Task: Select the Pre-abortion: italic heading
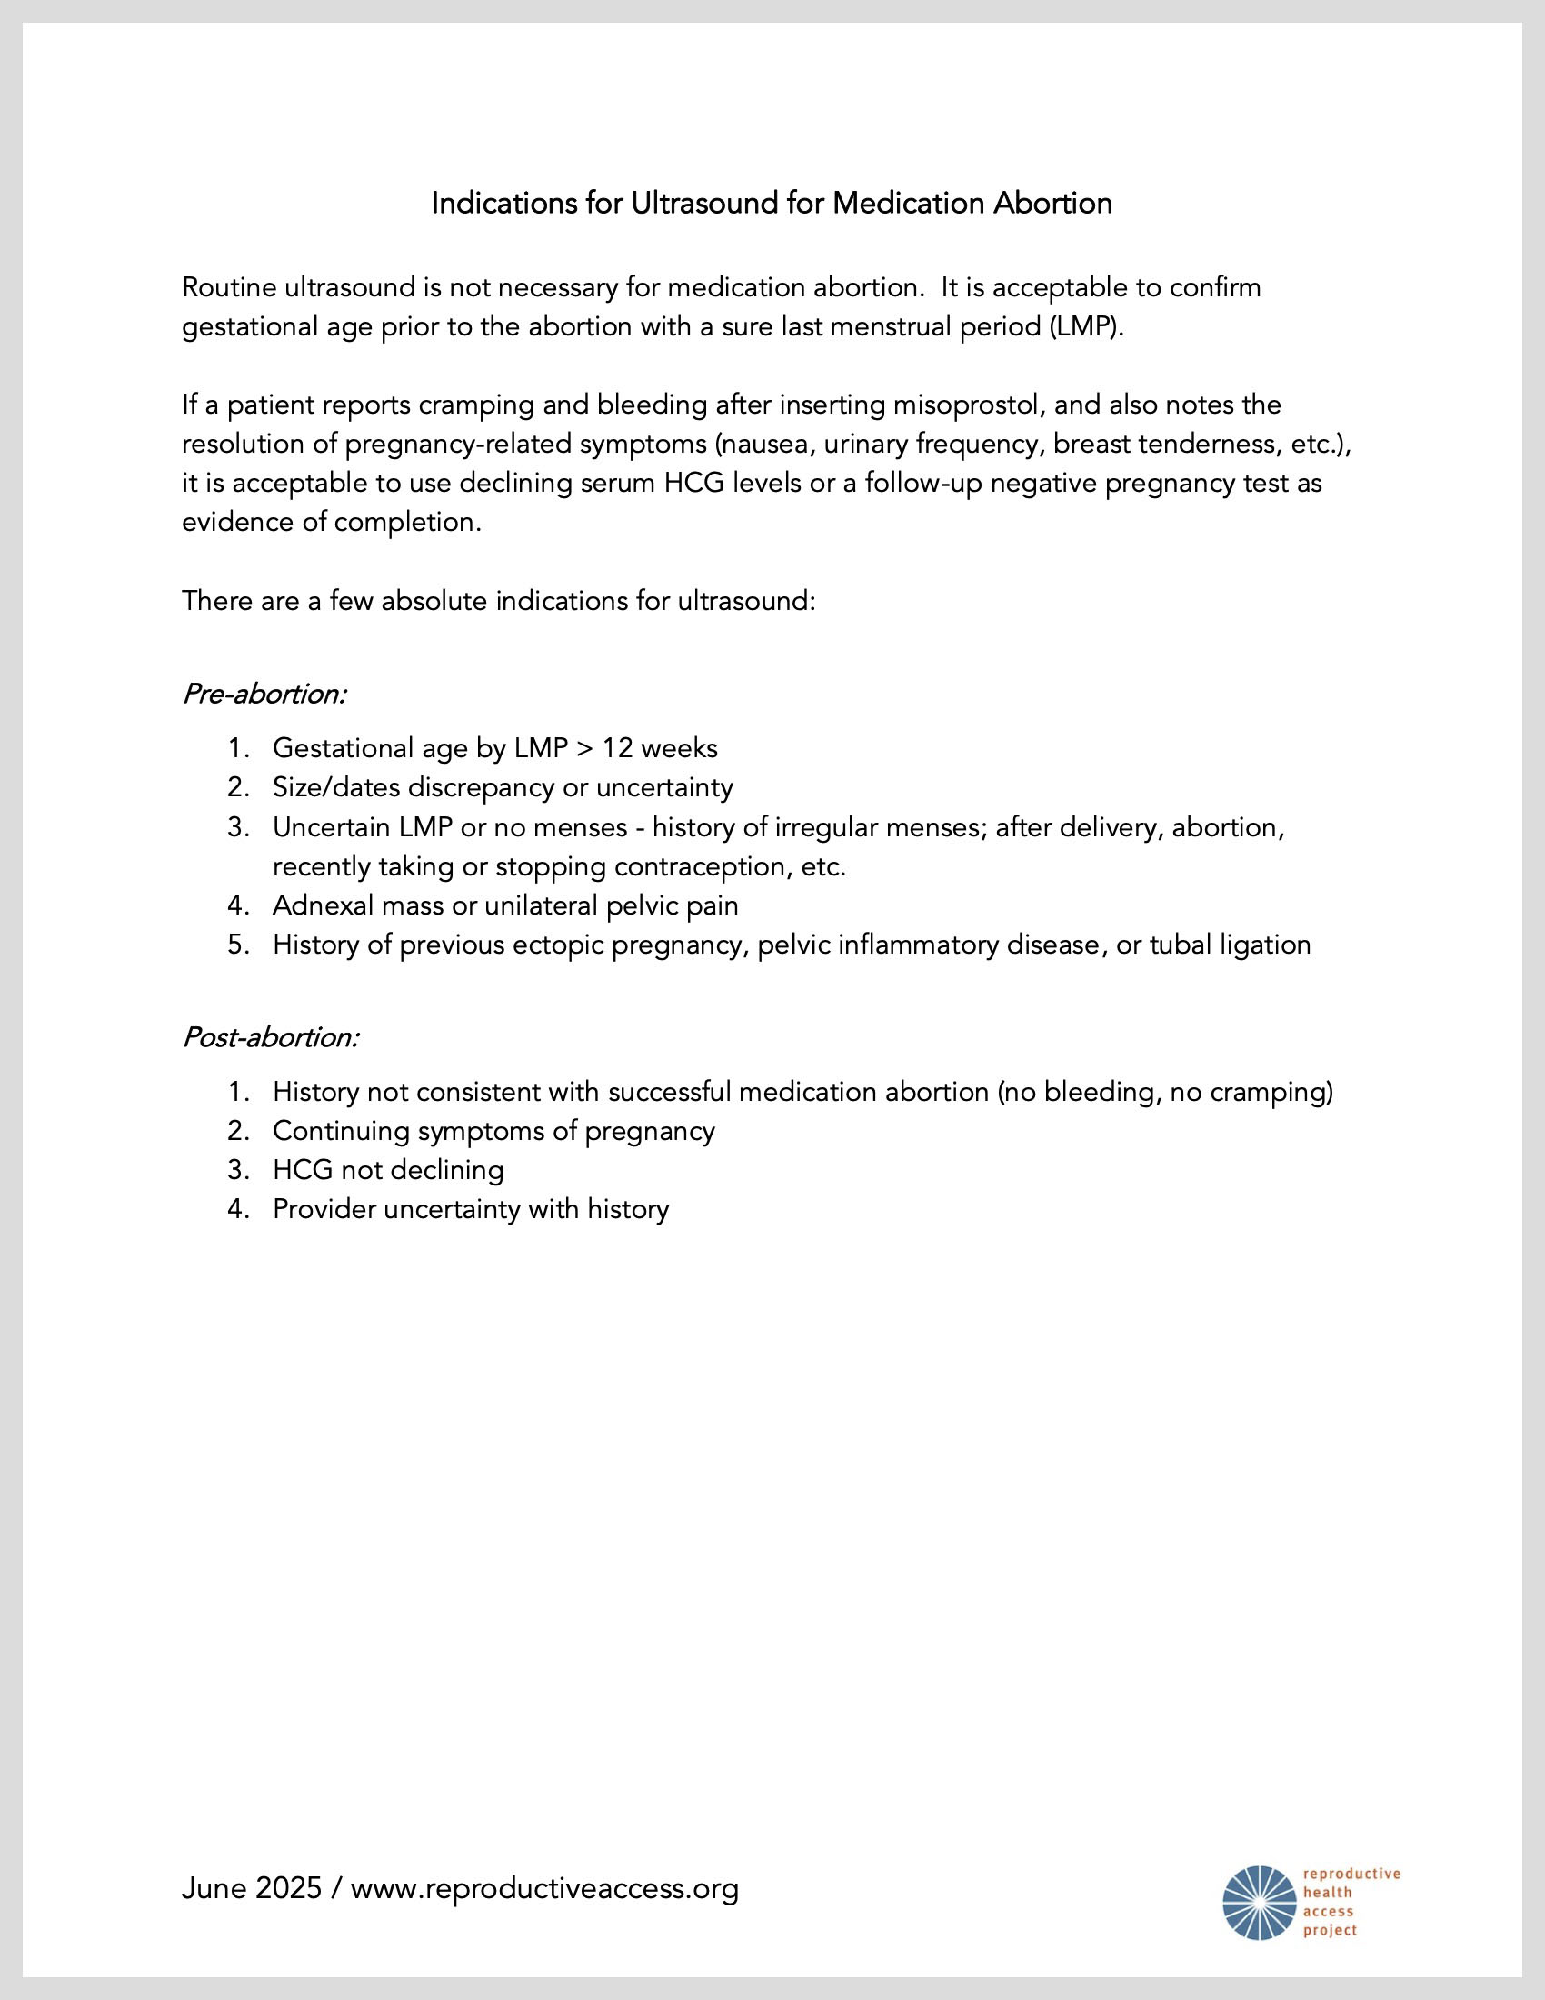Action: [x=264, y=695]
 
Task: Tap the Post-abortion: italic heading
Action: [x=271, y=1037]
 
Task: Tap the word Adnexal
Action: [x=324, y=905]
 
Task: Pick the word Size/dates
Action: [x=336, y=787]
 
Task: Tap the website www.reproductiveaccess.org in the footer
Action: [x=544, y=1889]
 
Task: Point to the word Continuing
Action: [x=342, y=1131]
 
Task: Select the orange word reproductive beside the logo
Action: [x=1351, y=1875]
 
